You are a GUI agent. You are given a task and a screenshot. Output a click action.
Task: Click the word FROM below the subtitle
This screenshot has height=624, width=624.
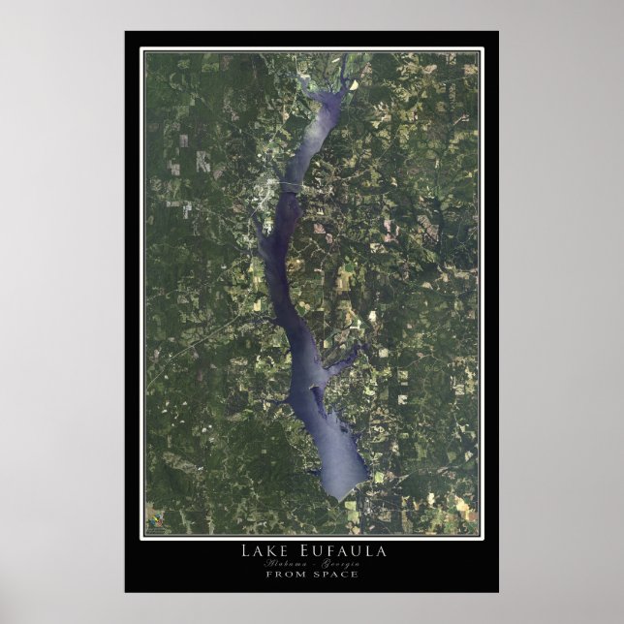[287, 574]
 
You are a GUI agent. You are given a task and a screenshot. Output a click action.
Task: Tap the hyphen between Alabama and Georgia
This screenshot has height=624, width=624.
[312, 563]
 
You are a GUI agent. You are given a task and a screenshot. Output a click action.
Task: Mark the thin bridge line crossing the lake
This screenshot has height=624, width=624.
[292, 183]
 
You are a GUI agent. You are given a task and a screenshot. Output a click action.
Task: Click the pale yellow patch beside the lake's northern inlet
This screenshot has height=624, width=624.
[354, 84]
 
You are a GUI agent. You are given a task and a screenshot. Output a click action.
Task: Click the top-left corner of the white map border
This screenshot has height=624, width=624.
[142, 48]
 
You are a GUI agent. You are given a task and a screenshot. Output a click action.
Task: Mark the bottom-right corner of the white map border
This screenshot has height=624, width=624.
[482, 537]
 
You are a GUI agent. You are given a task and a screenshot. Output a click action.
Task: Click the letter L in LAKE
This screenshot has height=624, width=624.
[246, 551]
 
